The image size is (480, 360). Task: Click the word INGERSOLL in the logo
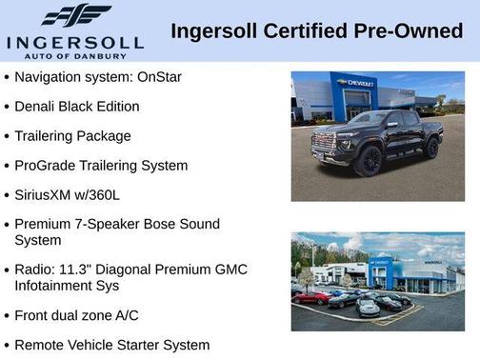tap(74, 42)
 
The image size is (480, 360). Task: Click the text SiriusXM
tap(47, 194)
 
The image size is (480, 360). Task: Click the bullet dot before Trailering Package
tap(7, 136)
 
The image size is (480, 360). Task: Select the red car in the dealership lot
tap(310, 299)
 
